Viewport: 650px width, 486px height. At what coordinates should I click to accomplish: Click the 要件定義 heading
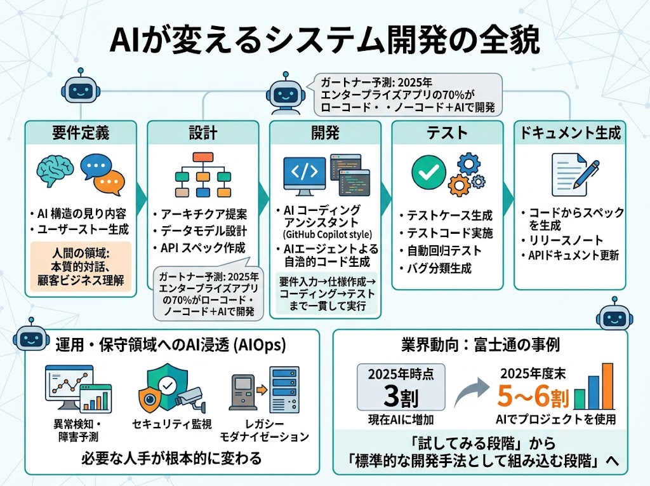[81, 133]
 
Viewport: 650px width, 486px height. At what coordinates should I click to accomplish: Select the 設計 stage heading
[203, 133]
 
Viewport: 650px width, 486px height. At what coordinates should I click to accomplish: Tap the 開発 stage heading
[325, 133]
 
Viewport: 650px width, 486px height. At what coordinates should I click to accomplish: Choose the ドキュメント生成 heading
[571, 133]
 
